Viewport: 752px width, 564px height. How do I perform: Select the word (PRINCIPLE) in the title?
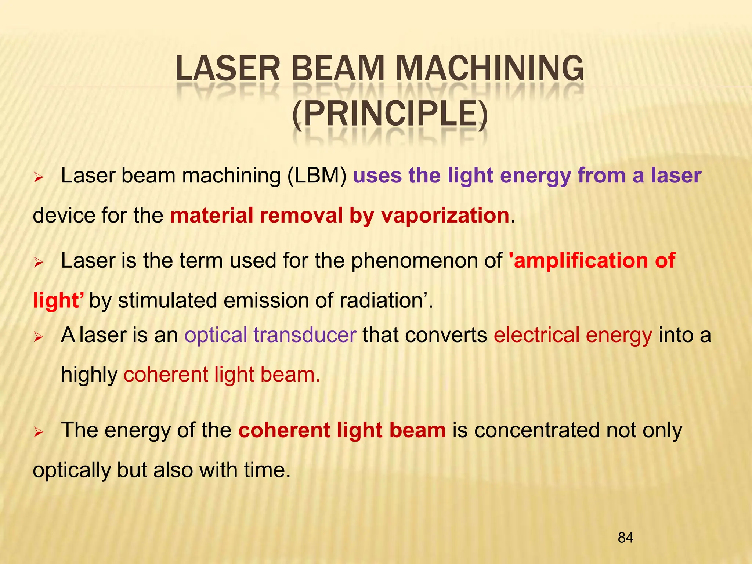[x=390, y=114]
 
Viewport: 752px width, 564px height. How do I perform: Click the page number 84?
[x=625, y=538]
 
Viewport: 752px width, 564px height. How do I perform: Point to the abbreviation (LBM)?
[x=317, y=176]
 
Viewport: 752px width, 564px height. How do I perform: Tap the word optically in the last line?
[x=72, y=470]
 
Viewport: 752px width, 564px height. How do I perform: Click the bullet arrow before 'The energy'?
[x=39, y=432]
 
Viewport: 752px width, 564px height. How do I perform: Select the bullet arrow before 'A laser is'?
[x=39, y=337]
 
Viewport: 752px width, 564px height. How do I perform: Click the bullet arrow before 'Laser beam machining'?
[x=39, y=178]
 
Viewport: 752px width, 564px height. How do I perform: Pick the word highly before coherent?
[x=89, y=375]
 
